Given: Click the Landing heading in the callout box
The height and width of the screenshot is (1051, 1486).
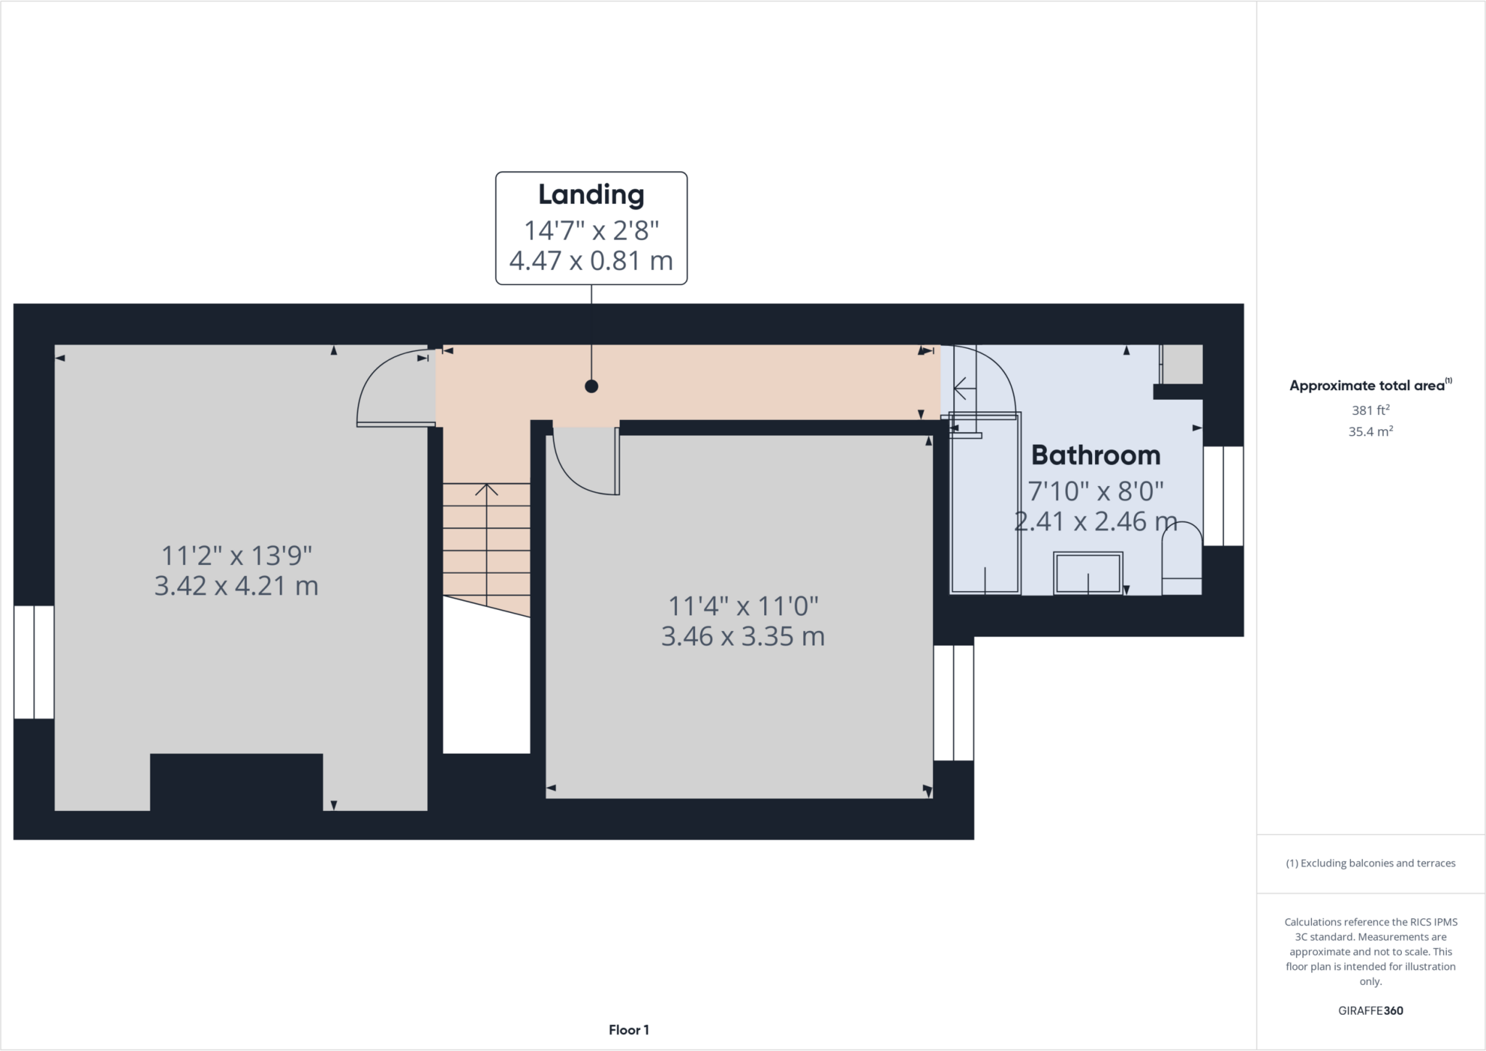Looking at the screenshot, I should coord(591,194).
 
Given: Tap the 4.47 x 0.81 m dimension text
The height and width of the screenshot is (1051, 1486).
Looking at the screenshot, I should coord(591,260).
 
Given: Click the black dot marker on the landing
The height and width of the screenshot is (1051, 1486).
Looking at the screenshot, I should coord(591,387).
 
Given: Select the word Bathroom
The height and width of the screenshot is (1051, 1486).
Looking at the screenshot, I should coord(1096,456).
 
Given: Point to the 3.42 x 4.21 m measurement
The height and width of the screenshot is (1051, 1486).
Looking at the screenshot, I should coord(237,585).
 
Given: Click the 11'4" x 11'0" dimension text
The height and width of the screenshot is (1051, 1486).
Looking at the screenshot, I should coord(743,605).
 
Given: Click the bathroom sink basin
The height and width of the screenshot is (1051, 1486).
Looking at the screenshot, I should coord(1088,573).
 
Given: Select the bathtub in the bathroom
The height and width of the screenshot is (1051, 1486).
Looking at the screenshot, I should coord(985,508).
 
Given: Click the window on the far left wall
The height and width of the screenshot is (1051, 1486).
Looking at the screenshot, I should coord(34,662).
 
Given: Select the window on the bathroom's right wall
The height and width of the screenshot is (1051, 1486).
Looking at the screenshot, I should coord(1223,495).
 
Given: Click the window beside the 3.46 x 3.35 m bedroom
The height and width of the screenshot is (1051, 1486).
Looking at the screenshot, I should coord(953,703).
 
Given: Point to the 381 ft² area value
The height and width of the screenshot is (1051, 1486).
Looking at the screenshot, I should coord(1370,410).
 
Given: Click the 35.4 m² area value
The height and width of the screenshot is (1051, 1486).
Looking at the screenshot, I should coord(1370,432).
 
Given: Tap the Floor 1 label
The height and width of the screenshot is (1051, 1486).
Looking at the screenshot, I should coord(628,1030).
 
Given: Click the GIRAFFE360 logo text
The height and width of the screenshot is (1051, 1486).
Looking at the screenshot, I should coord(1370,1010).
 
